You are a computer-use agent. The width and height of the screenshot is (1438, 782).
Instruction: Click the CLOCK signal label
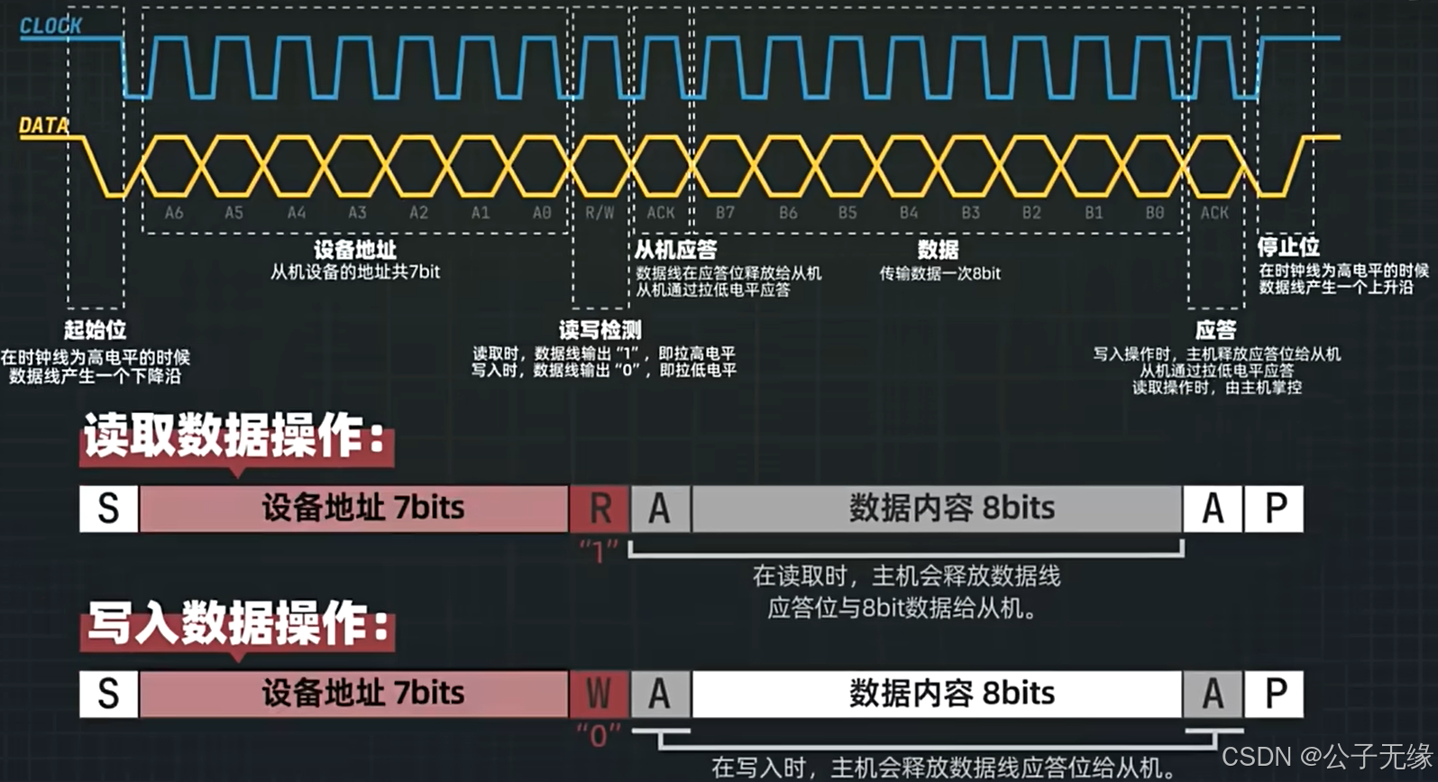pos(50,26)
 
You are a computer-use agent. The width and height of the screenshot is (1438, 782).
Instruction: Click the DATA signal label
pos(44,126)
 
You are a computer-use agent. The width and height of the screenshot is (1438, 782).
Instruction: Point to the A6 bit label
pos(174,213)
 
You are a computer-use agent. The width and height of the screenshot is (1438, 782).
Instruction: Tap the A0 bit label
pos(541,213)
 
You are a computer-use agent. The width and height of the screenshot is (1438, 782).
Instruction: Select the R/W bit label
pos(600,213)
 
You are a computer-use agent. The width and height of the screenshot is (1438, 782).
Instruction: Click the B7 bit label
pos(725,213)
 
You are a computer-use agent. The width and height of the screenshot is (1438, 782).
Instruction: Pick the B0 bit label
pos(1155,213)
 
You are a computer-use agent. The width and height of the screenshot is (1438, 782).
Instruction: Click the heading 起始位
pos(95,330)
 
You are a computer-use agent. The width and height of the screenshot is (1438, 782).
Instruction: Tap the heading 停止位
pos(1288,247)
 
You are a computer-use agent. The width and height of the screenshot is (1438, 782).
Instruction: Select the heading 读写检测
pos(600,330)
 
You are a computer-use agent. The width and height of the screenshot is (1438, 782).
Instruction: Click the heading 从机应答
pos(675,250)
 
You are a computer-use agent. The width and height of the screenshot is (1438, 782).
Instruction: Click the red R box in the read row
pos(600,509)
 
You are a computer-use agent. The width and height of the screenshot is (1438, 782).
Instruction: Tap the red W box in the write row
pos(600,694)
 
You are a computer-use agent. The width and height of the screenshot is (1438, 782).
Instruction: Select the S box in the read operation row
pos(108,509)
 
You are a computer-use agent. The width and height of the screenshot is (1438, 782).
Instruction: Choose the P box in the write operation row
pos(1275,694)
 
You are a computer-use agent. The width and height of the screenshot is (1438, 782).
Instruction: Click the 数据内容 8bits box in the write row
pos(951,694)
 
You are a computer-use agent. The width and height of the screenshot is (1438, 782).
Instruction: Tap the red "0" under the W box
pos(599,736)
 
